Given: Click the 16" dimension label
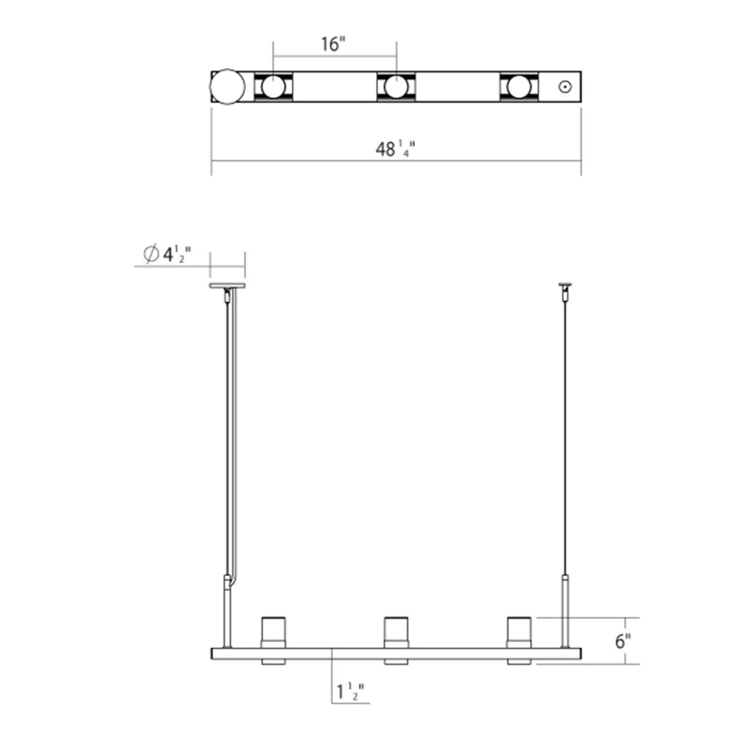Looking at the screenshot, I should pyautogui.click(x=332, y=44).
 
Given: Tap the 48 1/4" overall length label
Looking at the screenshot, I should pyautogui.click(x=395, y=150).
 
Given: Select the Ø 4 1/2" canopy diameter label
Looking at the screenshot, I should pyautogui.click(x=168, y=254).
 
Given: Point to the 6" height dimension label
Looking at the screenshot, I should pyautogui.click(x=623, y=641).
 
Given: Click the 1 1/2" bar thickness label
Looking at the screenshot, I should pyautogui.click(x=350, y=692).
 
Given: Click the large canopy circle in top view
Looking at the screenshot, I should pyautogui.click(x=227, y=86).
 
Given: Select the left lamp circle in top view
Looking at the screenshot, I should pyautogui.click(x=273, y=86).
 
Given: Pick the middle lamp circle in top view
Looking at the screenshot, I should pyautogui.click(x=396, y=86).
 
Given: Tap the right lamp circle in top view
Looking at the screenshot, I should pyautogui.click(x=519, y=86).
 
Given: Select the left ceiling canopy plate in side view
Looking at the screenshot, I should pyautogui.click(x=227, y=286).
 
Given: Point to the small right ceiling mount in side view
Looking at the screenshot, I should pyautogui.click(x=565, y=285).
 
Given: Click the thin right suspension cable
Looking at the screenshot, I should pyautogui.click(x=565, y=440).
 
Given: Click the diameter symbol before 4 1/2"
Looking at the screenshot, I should pyautogui.click(x=151, y=254).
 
